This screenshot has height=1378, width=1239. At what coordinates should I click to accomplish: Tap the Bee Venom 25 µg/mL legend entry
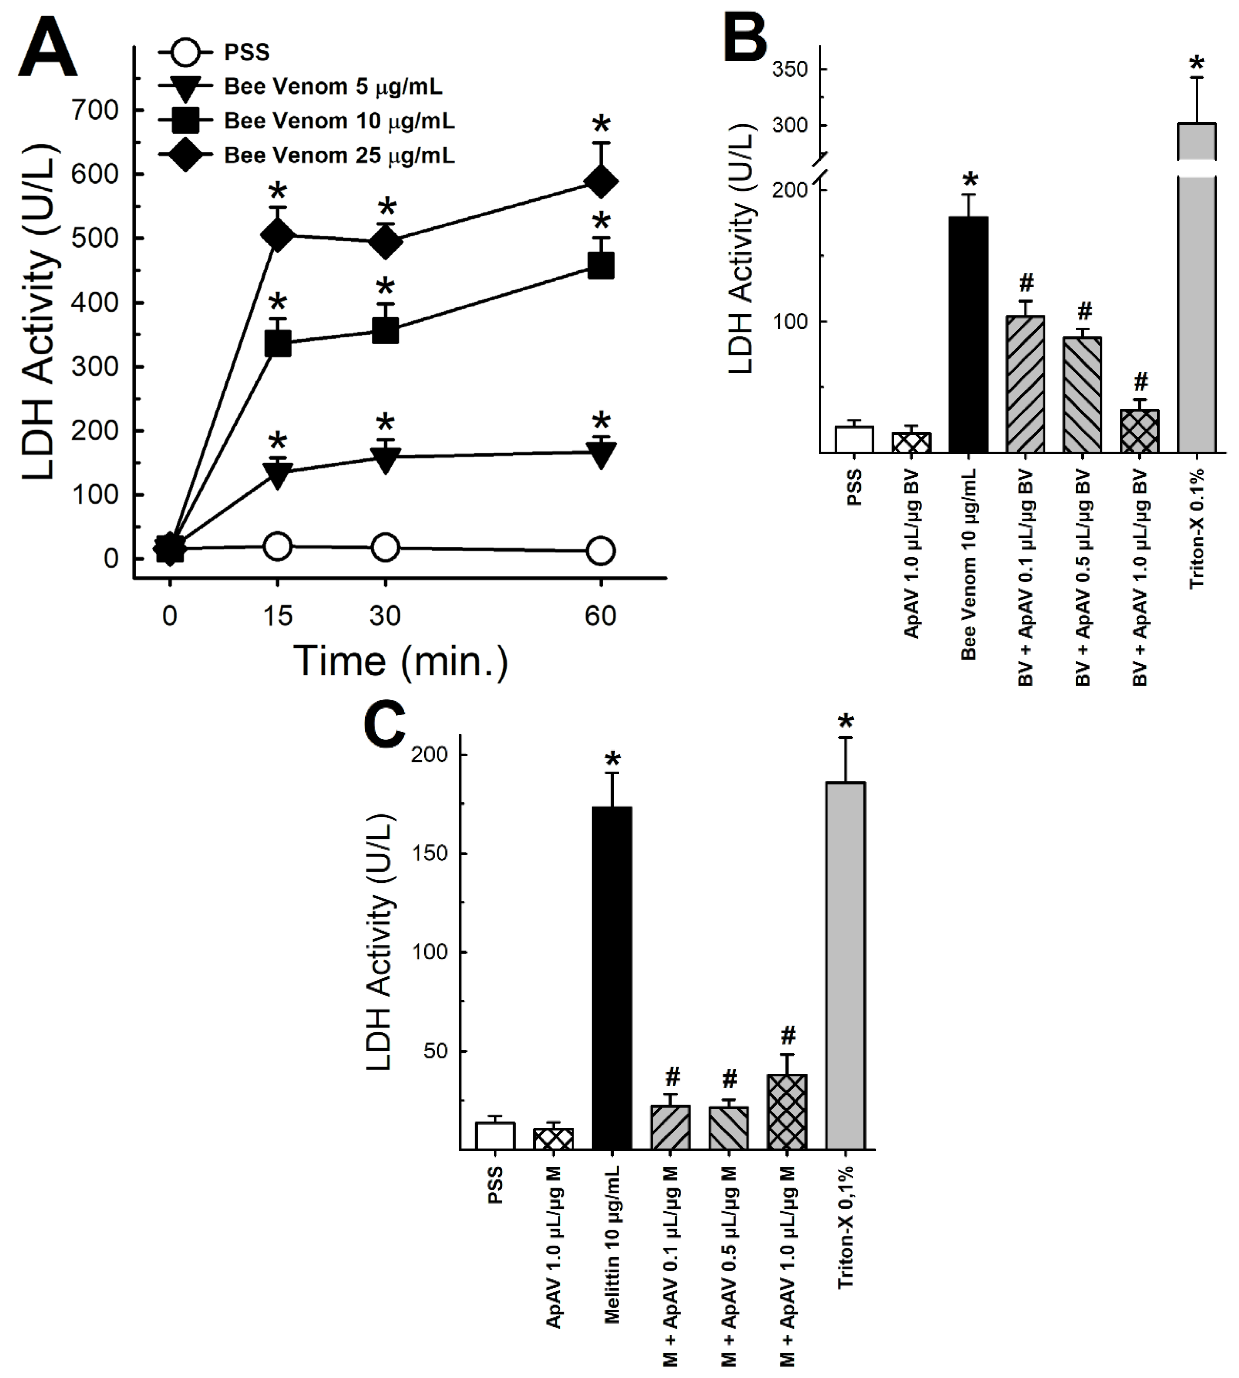(x=339, y=155)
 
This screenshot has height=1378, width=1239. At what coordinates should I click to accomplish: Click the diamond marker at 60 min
(x=601, y=182)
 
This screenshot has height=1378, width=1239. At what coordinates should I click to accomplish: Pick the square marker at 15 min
(x=277, y=343)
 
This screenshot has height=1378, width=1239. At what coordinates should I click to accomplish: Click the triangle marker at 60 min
(x=601, y=455)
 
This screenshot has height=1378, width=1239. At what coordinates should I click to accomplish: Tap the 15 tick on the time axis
(x=277, y=616)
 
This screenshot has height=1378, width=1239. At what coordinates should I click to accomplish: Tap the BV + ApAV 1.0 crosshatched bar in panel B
(x=1139, y=431)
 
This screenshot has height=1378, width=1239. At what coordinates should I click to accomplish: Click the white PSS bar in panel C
(x=495, y=1136)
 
